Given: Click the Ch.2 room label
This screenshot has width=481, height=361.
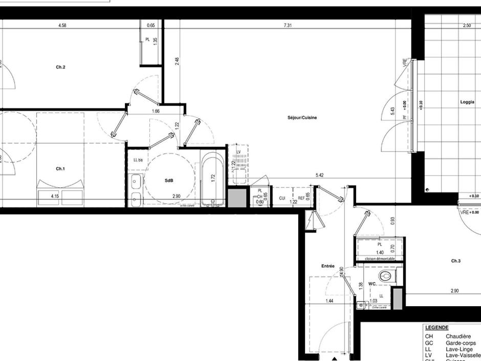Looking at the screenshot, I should [60, 67].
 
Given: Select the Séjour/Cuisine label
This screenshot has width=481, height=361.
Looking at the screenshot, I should [302, 118].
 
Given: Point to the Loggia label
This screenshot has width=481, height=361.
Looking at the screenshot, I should [467, 102].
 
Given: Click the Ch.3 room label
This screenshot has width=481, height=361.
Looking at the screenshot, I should [455, 261].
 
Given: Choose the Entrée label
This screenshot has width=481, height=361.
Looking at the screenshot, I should [327, 266].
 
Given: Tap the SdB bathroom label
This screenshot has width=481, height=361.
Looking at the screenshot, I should [169, 181].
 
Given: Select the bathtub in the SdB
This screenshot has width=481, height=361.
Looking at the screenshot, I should [212, 179].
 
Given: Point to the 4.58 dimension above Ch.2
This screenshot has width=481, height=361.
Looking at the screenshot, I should [62, 25].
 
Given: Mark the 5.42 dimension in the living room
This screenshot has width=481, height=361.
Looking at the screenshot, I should [319, 175].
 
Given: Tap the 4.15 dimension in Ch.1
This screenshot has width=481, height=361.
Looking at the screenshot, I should [55, 196].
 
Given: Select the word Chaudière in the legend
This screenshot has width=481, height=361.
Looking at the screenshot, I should [458, 336].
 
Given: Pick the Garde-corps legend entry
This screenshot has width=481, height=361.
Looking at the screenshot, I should [461, 343].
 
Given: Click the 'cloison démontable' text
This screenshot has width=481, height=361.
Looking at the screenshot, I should [380, 260].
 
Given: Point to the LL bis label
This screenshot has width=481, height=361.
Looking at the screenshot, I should [138, 160].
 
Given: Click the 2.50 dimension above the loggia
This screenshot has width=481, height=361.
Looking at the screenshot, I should [467, 25].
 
